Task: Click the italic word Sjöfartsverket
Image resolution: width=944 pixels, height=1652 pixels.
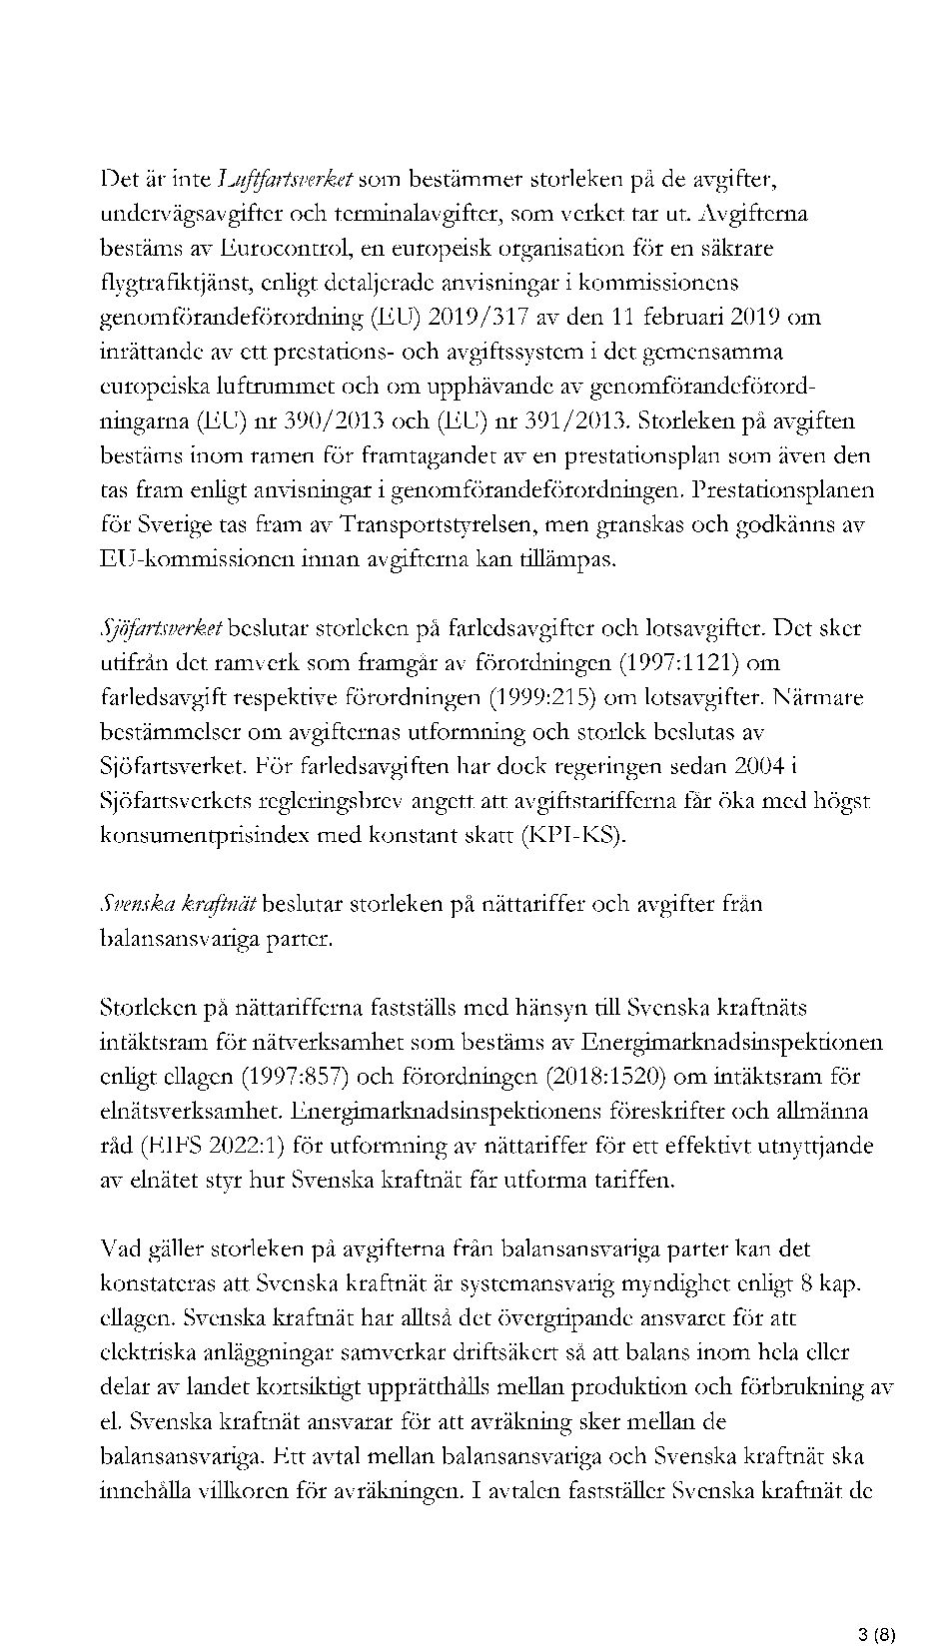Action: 161,629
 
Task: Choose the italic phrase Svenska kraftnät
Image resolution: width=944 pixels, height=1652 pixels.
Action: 178,904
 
